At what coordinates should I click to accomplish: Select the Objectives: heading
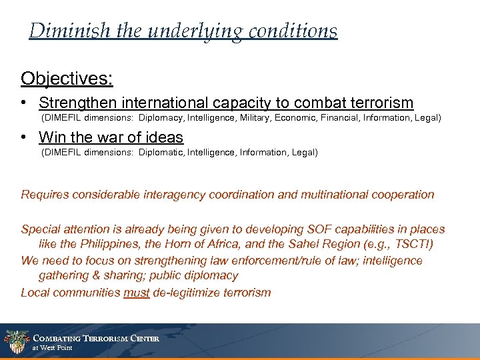(x=67, y=79)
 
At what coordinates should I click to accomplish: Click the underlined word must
(x=136, y=292)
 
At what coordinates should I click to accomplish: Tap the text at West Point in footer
(x=53, y=348)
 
